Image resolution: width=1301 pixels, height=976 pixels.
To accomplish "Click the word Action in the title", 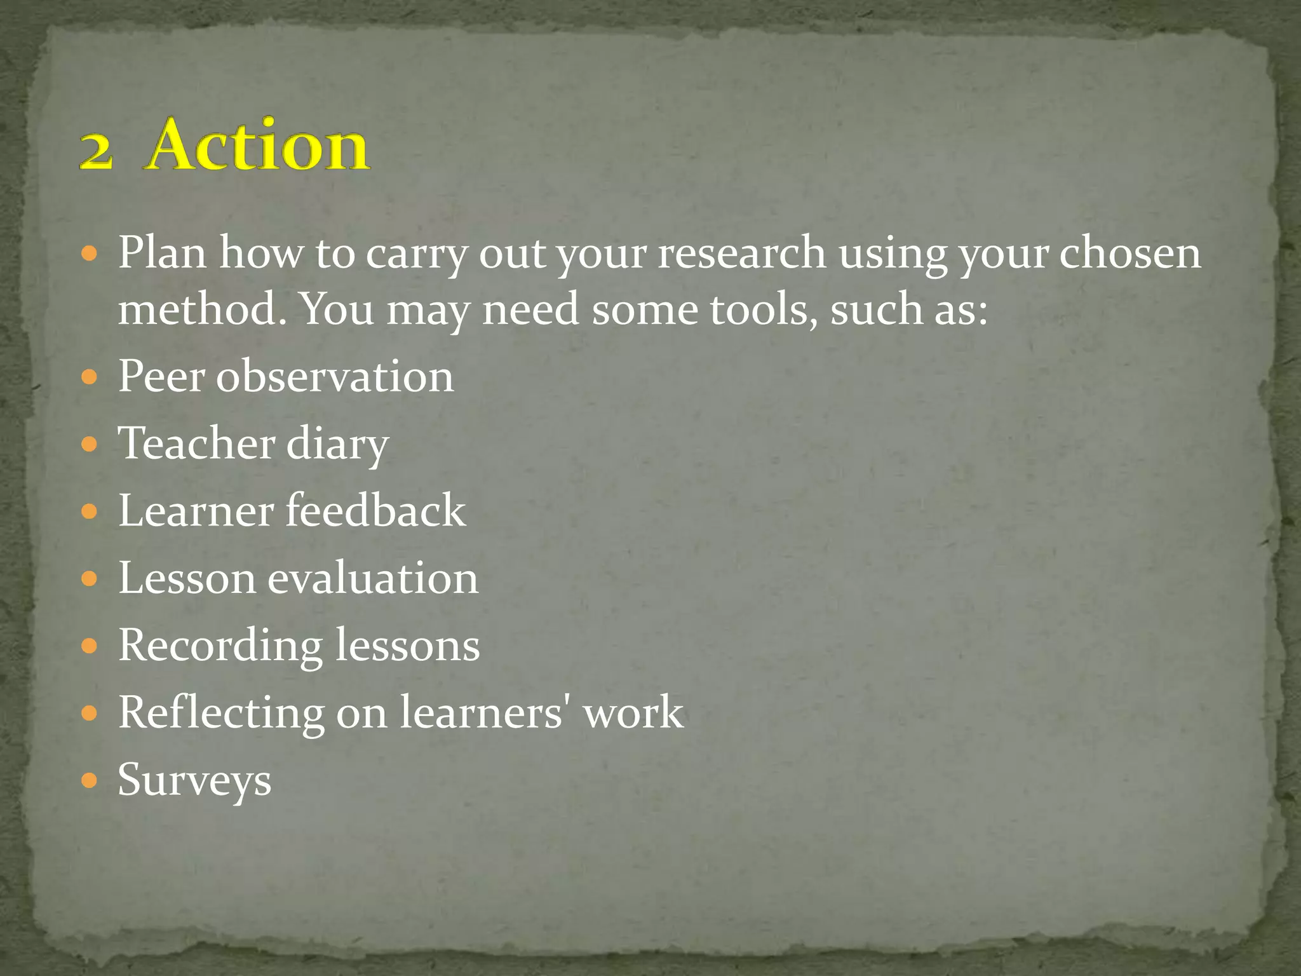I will pyautogui.click(x=258, y=146).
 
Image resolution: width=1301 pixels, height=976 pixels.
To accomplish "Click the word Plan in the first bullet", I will pyautogui.click(x=162, y=252).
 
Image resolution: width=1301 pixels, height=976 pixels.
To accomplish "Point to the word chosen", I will pyautogui.click(x=1130, y=252).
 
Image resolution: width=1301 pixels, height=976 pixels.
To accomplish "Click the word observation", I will pyautogui.click(x=335, y=376).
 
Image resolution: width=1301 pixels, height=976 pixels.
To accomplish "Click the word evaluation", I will pyautogui.click(x=372, y=578).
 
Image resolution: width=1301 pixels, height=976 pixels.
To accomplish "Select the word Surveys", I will pyautogui.click(x=194, y=780).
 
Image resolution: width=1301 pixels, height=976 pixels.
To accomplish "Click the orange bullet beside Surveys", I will pyautogui.click(x=90, y=780).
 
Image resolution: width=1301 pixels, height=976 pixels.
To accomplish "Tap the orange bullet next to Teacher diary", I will pyautogui.click(x=90, y=444).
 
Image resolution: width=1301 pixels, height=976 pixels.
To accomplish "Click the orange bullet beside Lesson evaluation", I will pyautogui.click(x=90, y=578).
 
